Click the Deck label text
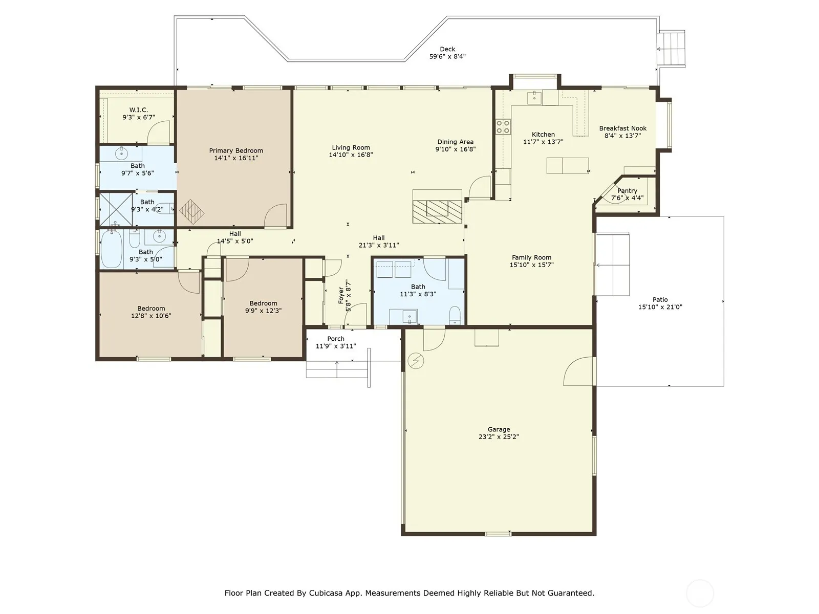(447, 49)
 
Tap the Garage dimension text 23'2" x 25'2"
(499, 437)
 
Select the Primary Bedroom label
(236, 150)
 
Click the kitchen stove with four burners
(503, 126)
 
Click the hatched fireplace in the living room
(437, 211)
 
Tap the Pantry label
(627, 190)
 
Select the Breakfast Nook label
(623, 128)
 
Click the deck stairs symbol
(671, 49)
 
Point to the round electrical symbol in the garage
(416, 361)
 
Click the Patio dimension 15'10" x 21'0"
(660, 307)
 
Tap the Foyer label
(341, 295)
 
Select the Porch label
(336, 339)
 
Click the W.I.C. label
(139, 110)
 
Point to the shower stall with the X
(116, 209)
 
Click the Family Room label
(531, 257)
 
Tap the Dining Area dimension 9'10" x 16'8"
(455, 149)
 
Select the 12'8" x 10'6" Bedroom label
(151, 309)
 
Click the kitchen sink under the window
(534, 98)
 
